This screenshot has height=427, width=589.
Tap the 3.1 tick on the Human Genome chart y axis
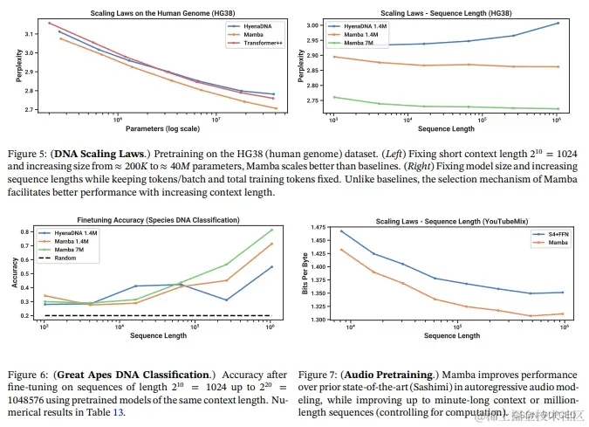(29, 34)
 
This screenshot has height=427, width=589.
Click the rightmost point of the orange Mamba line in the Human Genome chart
(274, 109)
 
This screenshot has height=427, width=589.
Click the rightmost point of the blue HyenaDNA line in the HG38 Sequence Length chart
(557, 23)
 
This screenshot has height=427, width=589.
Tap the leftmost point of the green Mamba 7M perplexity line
(333, 97)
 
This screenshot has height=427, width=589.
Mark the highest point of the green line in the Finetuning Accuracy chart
(271, 230)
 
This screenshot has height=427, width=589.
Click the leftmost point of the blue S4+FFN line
(341, 231)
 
